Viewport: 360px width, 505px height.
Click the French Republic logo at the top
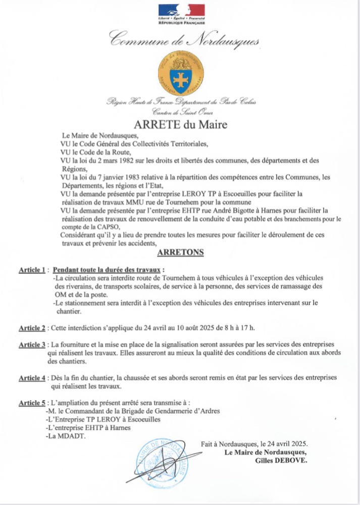[182, 14]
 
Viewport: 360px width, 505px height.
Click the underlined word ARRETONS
[180, 252]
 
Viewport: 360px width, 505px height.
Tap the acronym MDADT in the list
[75, 436]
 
